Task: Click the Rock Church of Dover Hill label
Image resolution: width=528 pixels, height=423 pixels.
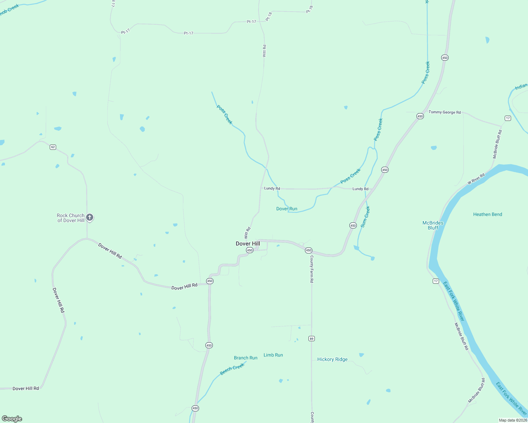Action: pyautogui.click(x=71, y=218)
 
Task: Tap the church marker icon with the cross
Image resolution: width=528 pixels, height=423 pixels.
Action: pyautogui.click(x=90, y=217)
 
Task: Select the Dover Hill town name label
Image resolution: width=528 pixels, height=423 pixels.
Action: pyautogui.click(x=248, y=244)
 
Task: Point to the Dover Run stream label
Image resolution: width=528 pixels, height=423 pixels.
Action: pyautogui.click(x=287, y=209)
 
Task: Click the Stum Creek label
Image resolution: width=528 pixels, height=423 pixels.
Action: pyautogui.click(x=365, y=217)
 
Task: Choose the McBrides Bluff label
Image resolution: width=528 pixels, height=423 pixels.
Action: pyautogui.click(x=433, y=225)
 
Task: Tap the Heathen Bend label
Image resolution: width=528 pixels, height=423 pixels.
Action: pyautogui.click(x=487, y=214)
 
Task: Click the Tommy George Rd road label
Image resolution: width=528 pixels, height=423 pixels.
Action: pyautogui.click(x=444, y=112)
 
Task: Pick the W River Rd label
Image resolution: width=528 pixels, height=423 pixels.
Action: pyautogui.click(x=476, y=179)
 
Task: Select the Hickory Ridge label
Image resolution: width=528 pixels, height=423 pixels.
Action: pyautogui.click(x=332, y=360)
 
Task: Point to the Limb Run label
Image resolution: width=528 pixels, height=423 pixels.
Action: pyautogui.click(x=273, y=355)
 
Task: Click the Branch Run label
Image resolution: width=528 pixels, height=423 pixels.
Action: pyautogui.click(x=246, y=358)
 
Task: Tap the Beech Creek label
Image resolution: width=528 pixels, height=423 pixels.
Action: pyautogui.click(x=232, y=369)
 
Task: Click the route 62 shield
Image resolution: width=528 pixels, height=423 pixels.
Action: pyautogui.click(x=53, y=147)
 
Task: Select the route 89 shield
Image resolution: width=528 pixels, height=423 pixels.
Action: pyautogui.click(x=311, y=339)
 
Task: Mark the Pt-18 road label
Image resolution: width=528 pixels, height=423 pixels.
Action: pyautogui.click(x=269, y=17)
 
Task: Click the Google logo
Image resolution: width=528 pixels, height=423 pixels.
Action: pyautogui.click(x=12, y=419)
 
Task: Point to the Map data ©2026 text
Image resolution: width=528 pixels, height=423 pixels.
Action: pyautogui.click(x=513, y=420)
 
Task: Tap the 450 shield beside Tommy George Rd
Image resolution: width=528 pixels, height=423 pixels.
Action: pyautogui.click(x=420, y=116)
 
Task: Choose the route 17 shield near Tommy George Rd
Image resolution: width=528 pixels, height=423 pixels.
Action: pyautogui.click(x=508, y=118)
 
